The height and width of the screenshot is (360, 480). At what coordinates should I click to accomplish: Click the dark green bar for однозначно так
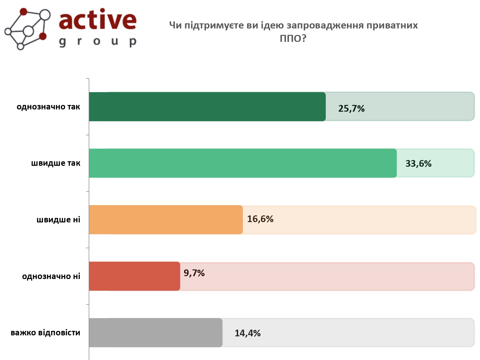point(207,107)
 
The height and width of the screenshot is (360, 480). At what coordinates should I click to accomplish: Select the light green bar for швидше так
point(243,163)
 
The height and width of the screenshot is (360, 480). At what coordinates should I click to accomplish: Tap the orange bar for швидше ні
point(165,220)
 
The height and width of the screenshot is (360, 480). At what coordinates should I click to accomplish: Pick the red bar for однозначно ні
point(134,276)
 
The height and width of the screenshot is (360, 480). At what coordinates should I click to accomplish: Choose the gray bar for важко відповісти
point(156,332)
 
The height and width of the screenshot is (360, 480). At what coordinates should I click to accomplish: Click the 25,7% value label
point(351,109)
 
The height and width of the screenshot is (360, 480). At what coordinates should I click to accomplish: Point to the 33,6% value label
point(418,164)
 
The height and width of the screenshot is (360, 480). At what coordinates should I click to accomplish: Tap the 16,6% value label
point(260,219)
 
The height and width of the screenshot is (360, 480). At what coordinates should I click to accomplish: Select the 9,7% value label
point(194,273)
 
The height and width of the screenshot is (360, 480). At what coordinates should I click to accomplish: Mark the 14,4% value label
point(248,333)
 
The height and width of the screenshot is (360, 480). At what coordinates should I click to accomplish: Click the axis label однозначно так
point(48,107)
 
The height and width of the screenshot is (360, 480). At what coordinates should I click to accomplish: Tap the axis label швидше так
point(56,163)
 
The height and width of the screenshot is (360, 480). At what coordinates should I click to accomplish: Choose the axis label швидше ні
point(58,220)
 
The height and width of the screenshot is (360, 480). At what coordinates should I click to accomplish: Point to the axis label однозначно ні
point(51,276)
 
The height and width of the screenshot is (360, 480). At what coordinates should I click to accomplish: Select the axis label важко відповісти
point(45,332)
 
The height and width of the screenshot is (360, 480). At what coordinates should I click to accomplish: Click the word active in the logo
point(98,20)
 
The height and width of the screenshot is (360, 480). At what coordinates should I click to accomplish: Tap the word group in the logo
point(98,42)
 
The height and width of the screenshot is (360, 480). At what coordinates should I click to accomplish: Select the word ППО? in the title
point(293,38)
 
